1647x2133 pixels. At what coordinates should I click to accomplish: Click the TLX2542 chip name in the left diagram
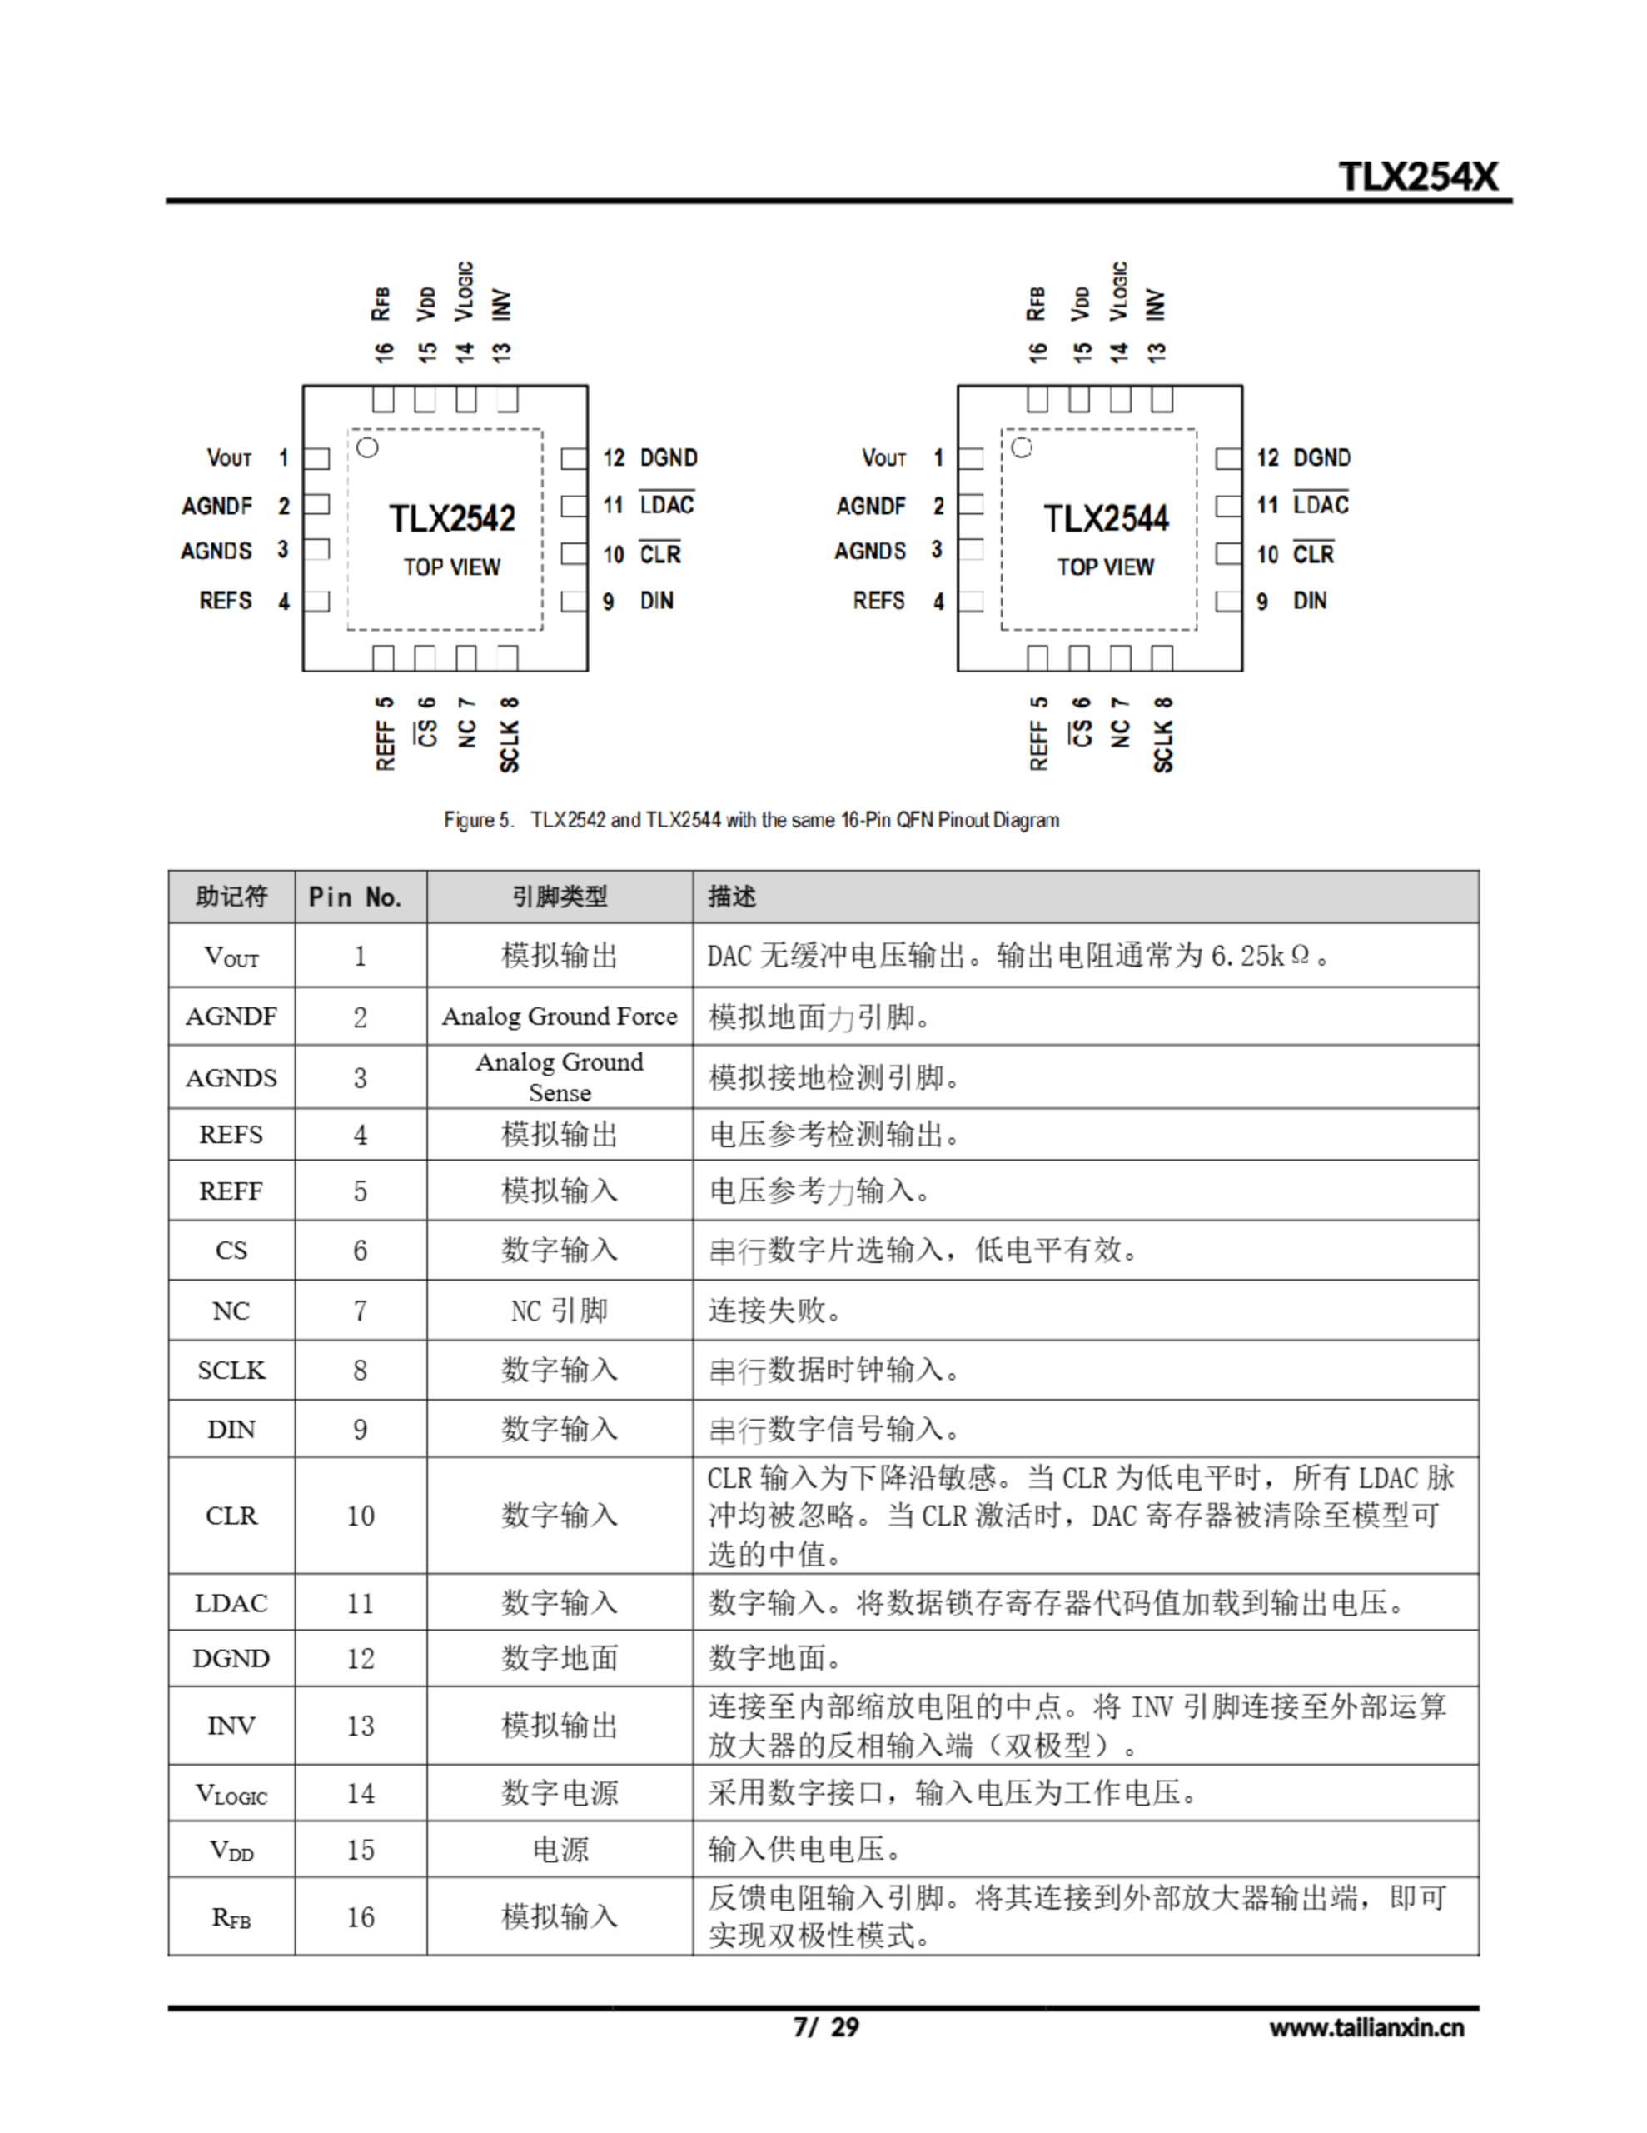click(x=452, y=518)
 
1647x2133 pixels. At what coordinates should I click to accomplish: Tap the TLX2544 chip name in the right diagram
click(x=1106, y=518)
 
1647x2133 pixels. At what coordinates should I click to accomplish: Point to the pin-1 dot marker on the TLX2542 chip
click(x=368, y=448)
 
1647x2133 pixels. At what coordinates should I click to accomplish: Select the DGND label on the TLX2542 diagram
click(x=669, y=458)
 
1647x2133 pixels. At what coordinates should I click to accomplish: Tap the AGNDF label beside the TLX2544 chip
click(x=871, y=506)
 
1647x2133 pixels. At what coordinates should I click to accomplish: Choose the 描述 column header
click(x=732, y=897)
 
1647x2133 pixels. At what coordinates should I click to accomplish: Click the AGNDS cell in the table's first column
click(x=231, y=1078)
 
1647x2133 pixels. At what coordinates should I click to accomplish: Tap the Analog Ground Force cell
click(x=560, y=1017)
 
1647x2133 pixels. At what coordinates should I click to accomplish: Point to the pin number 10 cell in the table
click(x=361, y=1516)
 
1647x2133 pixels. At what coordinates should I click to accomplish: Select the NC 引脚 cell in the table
click(x=560, y=1311)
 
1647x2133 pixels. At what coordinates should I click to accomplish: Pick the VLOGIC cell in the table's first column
click(x=231, y=1794)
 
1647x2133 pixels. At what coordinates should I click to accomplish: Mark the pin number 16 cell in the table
click(x=361, y=1917)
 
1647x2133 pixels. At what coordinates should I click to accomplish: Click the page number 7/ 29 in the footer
click(x=826, y=2027)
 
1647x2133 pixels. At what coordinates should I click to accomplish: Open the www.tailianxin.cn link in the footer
click(x=1366, y=2027)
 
